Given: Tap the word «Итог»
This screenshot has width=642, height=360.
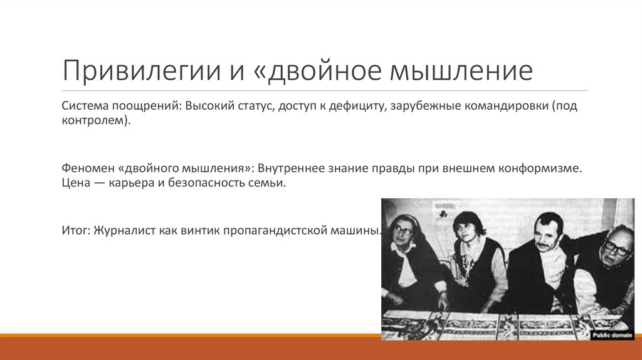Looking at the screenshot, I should pyautogui.click(x=76, y=230).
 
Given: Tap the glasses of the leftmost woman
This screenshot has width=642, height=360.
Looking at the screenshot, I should pyautogui.click(x=402, y=231).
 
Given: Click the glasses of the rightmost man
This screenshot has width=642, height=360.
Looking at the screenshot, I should pyautogui.click(x=616, y=248).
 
